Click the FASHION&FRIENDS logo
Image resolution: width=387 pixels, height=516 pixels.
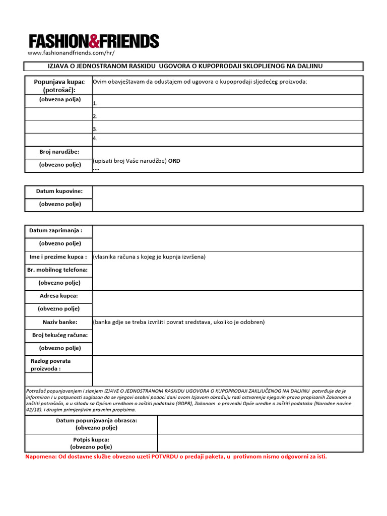(94, 41)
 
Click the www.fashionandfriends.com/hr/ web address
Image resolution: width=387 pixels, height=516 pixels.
(71, 53)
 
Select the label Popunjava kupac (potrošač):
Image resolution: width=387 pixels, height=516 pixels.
(59, 86)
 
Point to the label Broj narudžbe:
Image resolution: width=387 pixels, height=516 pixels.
(59, 152)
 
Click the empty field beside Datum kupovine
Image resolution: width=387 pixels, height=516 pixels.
(227, 199)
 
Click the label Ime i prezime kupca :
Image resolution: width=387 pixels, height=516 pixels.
(58, 257)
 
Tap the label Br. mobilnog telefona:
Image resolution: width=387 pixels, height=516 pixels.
(58, 270)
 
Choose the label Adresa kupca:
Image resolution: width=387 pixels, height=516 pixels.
(59, 296)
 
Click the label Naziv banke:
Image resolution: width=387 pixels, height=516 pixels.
(59, 322)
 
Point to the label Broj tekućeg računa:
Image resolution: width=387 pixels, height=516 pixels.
(59, 335)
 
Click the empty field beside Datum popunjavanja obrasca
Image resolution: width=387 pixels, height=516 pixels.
(260, 424)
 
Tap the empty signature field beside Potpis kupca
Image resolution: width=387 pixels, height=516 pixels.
(260, 443)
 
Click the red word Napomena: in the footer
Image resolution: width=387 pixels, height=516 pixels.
(42, 457)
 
